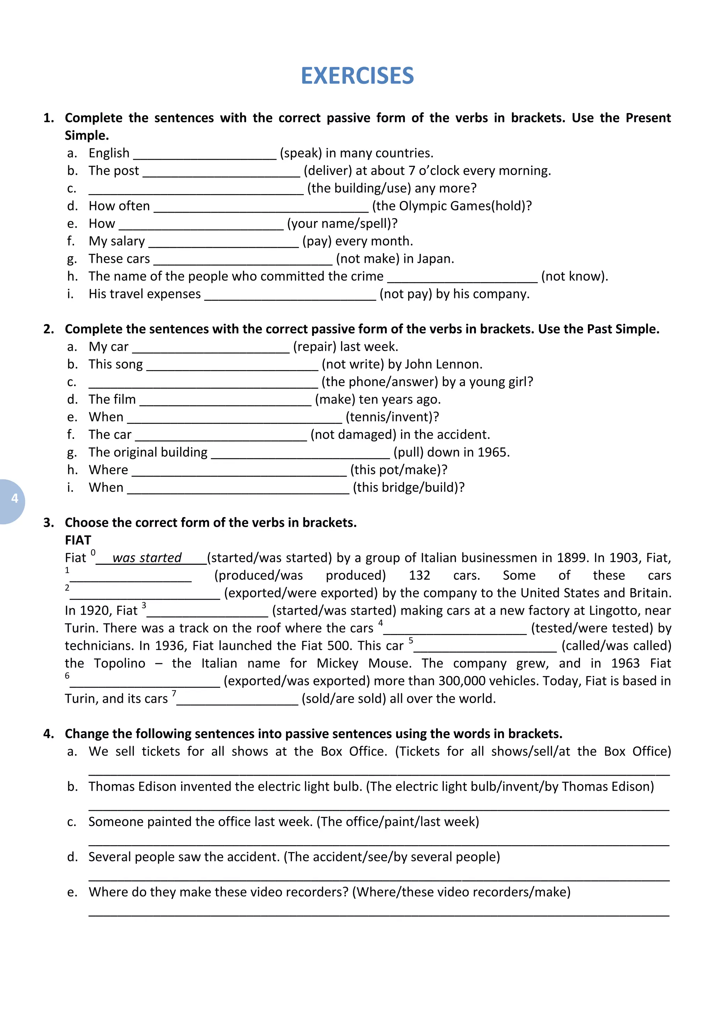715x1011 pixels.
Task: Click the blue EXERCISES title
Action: click(357, 76)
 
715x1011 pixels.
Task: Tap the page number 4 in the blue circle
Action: click(15, 498)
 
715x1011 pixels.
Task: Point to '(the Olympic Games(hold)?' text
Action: click(452, 206)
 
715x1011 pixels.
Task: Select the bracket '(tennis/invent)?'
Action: click(392, 417)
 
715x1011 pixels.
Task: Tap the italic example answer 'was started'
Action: click(147, 558)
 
